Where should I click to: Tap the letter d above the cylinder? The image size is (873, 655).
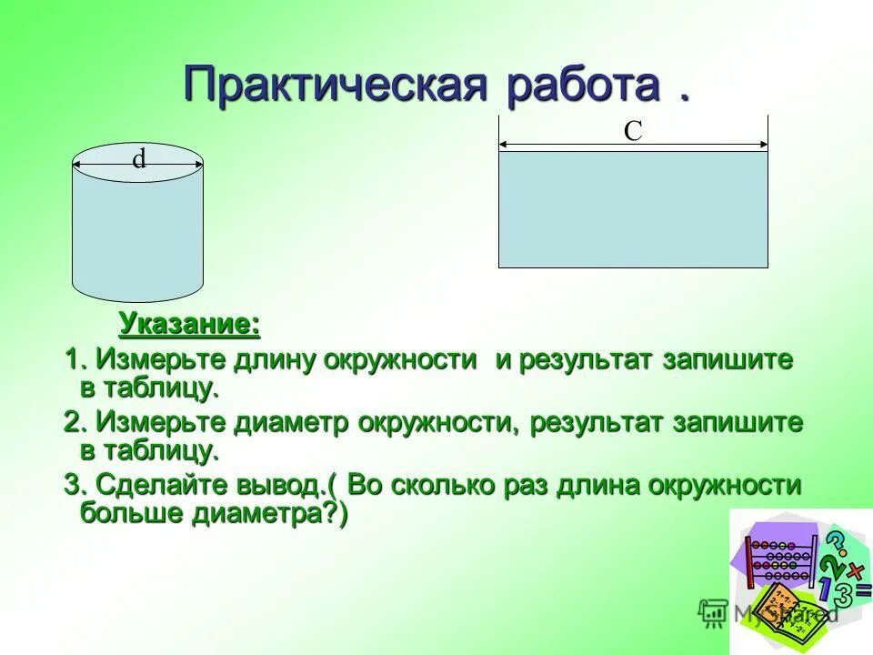click(x=138, y=159)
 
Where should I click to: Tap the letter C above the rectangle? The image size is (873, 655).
click(x=633, y=131)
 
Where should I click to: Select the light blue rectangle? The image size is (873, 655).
click(x=633, y=209)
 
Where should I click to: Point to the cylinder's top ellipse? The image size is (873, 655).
click(x=137, y=165)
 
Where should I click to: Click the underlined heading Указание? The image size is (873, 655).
click(x=189, y=324)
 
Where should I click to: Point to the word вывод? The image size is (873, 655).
click(x=289, y=485)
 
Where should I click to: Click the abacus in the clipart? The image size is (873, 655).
click(x=781, y=559)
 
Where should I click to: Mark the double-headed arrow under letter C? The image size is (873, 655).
click(x=633, y=145)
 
